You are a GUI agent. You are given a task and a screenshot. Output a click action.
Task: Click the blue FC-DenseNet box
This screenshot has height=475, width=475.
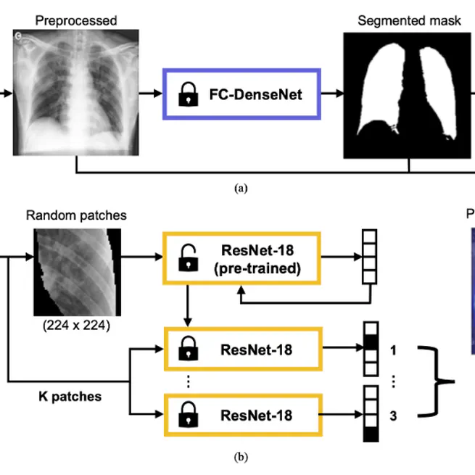241,94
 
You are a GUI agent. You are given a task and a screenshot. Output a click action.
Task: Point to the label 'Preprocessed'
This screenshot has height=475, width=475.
75,21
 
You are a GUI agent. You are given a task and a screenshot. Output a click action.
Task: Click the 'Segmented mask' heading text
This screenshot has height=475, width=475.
409,20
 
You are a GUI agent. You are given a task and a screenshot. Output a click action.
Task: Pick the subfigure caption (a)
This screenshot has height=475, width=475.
241,188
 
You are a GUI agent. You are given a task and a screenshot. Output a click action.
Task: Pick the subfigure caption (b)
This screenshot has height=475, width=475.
241,458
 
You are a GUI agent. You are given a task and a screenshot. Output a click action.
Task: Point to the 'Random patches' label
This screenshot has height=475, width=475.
75,215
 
